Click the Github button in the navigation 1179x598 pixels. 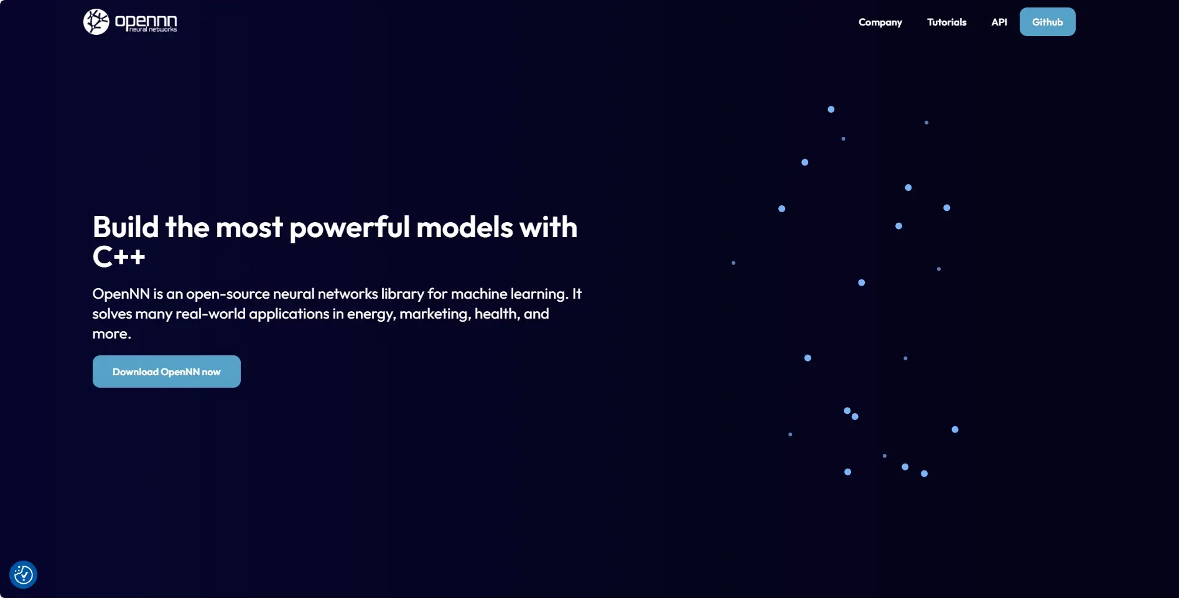[1047, 22]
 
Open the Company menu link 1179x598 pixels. [880, 22]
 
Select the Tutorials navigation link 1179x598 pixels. [946, 22]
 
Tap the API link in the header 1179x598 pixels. [999, 22]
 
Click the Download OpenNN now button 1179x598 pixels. [167, 371]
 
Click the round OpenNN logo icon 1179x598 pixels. [96, 22]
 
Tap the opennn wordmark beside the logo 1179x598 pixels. [146, 23]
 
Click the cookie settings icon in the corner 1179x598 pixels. [24, 574]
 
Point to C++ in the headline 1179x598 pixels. [119, 256]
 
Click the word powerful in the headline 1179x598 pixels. [350, 228]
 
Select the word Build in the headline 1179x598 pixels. [126, 227]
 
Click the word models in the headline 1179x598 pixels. [465, 227]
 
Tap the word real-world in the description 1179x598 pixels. [210, 314]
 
